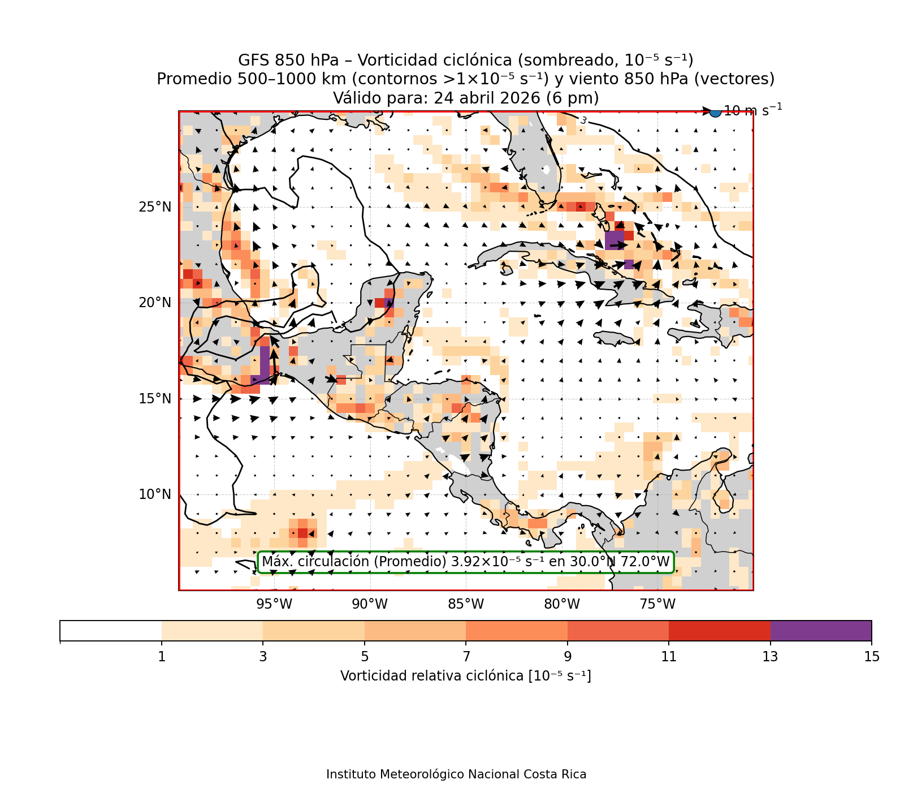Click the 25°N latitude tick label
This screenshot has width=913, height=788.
pyautogui.click(x=155, y=207)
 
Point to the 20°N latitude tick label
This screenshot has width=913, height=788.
pyautogui.click(x=155, y=303)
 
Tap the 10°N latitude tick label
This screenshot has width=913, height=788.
pyautogui.click(x=155, y=494)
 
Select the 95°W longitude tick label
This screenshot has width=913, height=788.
pyautogui.click(x=274, y=604)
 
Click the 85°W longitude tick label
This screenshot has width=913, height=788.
pyautogui.click(x=466, y=604)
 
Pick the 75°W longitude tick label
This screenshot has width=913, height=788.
pyautogui.click(x=657, y=604)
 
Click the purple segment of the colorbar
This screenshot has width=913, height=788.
pyautogui.click(x=821, y=631)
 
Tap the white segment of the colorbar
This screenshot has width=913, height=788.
pyautogui.click(x=110, y=631)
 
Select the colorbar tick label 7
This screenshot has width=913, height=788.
pyautogui.click(x=466, y=656)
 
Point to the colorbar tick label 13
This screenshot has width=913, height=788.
pyautogui.click(x=771, y=656)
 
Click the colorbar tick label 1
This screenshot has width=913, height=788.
pyautogui.click(x=162, y=656)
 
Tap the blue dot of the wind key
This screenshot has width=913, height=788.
pyautogui.click(x=715, y=111)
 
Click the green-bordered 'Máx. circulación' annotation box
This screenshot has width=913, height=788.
pyautogui.click(x=466, y=562)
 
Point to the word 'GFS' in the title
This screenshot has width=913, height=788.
pyautogui.click(x=254, y=60)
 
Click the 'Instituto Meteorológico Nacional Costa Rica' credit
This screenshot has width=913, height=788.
pyautogui.click(x=456, y=774)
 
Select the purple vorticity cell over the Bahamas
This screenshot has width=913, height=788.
pyautogui.click(x=615, y=240)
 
